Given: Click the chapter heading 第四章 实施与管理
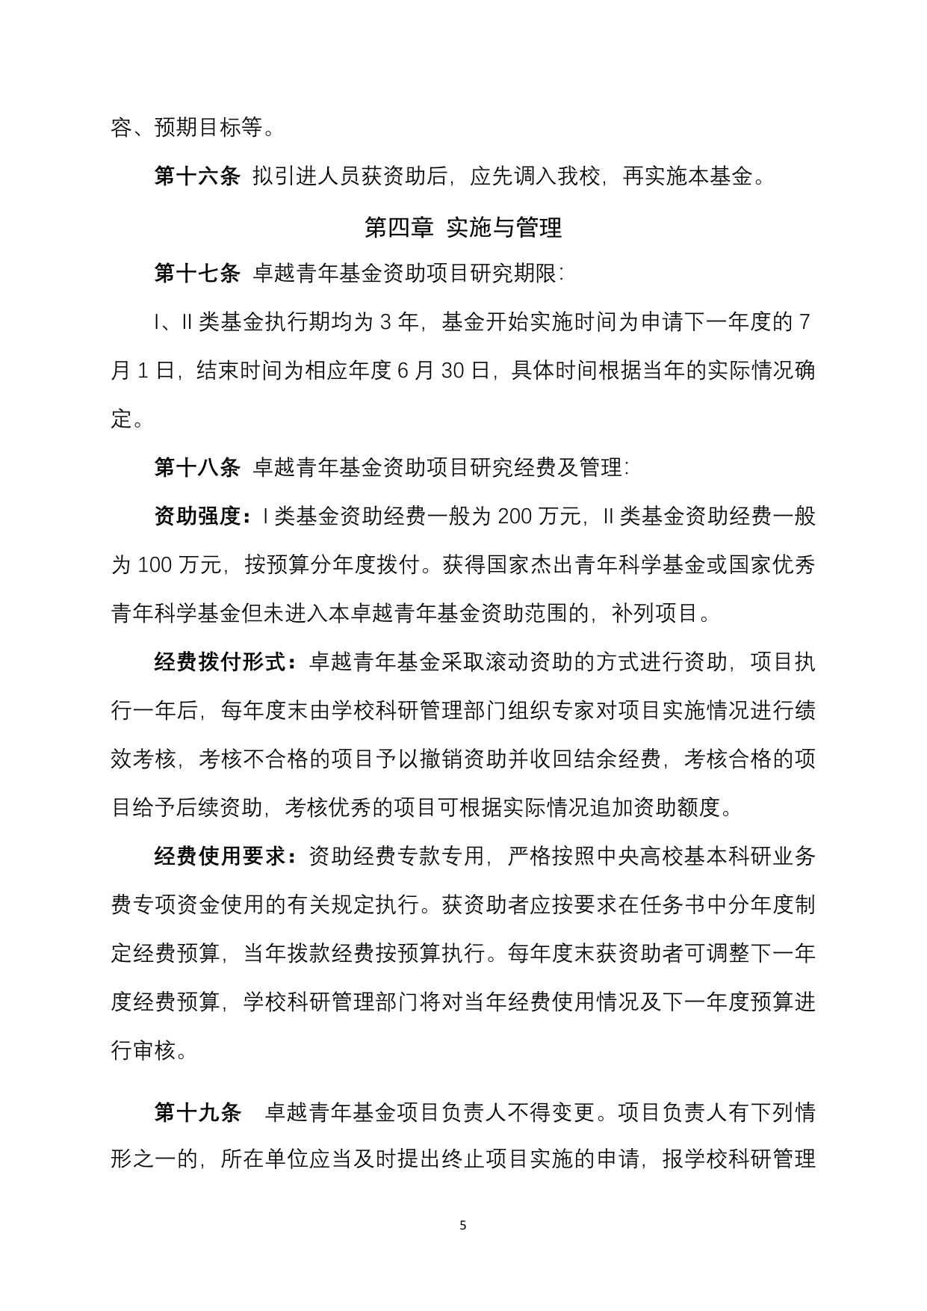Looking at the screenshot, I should pyautogui.click(x=462, y=227).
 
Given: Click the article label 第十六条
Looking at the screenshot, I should pyautogui.click(x=197, y=177).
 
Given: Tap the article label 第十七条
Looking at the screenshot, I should pyautogui.click(x=197, y=274).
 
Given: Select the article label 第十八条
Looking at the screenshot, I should pyautogui.click(x=197, y=468).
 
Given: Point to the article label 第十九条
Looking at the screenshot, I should pyautogui.click(x=197, y=1113).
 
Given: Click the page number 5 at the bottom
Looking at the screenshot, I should pyautogui.click(x=463, y=1225).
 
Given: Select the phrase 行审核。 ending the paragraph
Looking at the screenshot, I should pyautogui.click(x=149, y=1051).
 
